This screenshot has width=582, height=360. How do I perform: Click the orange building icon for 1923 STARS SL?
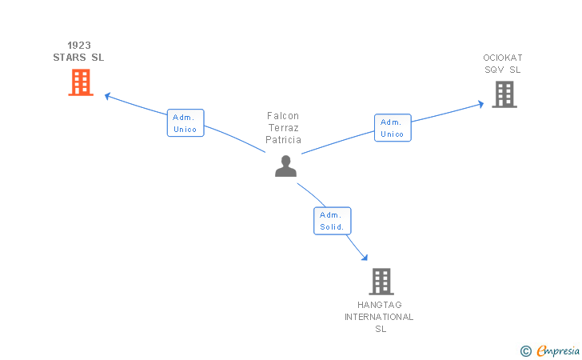click(81, 82)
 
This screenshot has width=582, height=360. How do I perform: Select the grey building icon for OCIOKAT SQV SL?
click(504, 94)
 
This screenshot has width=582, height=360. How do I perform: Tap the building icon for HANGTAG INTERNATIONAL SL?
click(381, 282)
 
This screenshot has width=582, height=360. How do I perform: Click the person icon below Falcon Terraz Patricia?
click(285, 166)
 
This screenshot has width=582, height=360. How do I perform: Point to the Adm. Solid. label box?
click(332, 221)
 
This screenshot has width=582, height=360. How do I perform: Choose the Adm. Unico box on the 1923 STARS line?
click(185, 123)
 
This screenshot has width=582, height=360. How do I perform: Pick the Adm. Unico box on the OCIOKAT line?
click(393, 128)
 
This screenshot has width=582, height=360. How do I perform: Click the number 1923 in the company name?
click(78, 46)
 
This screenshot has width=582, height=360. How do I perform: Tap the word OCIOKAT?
click(502, 58)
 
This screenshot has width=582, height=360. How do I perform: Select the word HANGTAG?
click(380, 305)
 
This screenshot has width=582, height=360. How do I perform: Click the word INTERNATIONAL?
click(379, 317)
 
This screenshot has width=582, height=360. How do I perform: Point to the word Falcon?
click(283, 116)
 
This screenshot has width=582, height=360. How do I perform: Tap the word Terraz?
click(283, 128)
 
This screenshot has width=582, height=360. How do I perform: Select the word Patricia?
click(283, 140)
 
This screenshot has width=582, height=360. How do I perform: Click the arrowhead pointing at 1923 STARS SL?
click(107, 96)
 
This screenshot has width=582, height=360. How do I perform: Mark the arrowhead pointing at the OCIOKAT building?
click(481, 103)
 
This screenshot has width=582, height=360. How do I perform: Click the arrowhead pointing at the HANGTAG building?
click(365, 258)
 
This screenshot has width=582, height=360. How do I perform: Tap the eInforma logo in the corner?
click(557, 350)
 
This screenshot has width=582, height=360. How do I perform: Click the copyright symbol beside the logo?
click(525, 350)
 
